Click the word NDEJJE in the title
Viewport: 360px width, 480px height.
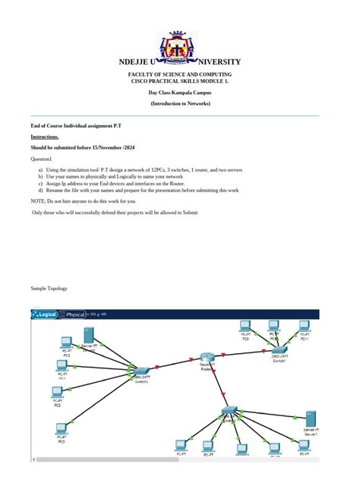click(136, 62)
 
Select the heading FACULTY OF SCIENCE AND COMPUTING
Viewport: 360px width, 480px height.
click(179, 74)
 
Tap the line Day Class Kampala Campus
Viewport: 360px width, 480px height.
click(179, 92)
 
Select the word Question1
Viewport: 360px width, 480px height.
click(41, 159)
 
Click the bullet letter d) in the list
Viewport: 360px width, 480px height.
click(41, 190)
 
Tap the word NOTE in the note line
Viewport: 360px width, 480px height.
click(37, 201)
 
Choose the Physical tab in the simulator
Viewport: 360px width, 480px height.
click(75, 314)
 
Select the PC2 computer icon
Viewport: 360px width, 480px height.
click(57, 393)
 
